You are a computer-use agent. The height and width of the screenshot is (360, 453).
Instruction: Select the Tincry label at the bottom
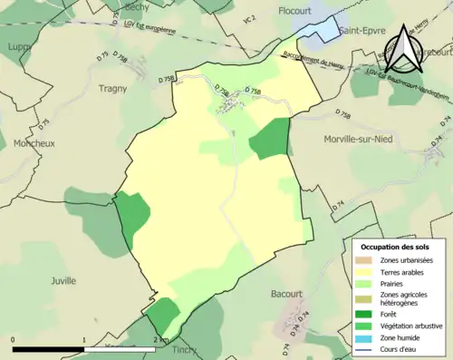[184, 350]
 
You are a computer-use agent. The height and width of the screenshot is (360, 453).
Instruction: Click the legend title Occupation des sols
[394, 247]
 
